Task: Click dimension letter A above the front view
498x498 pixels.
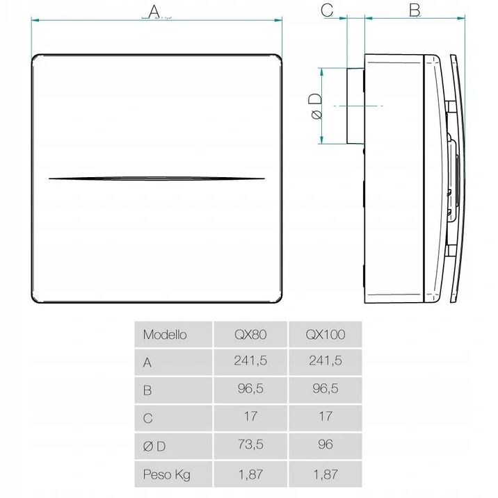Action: click(x=154, y=12)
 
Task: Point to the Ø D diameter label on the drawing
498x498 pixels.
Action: click(x=316, y=106)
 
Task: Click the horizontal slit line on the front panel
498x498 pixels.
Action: click(x=156, y=179)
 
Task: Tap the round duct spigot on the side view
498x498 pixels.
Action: click(x=355, y=106)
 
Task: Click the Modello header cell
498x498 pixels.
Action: click(x=165, y=335)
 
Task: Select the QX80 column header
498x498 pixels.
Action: click(x=250, y=335)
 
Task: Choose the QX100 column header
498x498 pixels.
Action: click(x=326, y=335)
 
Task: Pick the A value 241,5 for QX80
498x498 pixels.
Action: click(x=250, y=360)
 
